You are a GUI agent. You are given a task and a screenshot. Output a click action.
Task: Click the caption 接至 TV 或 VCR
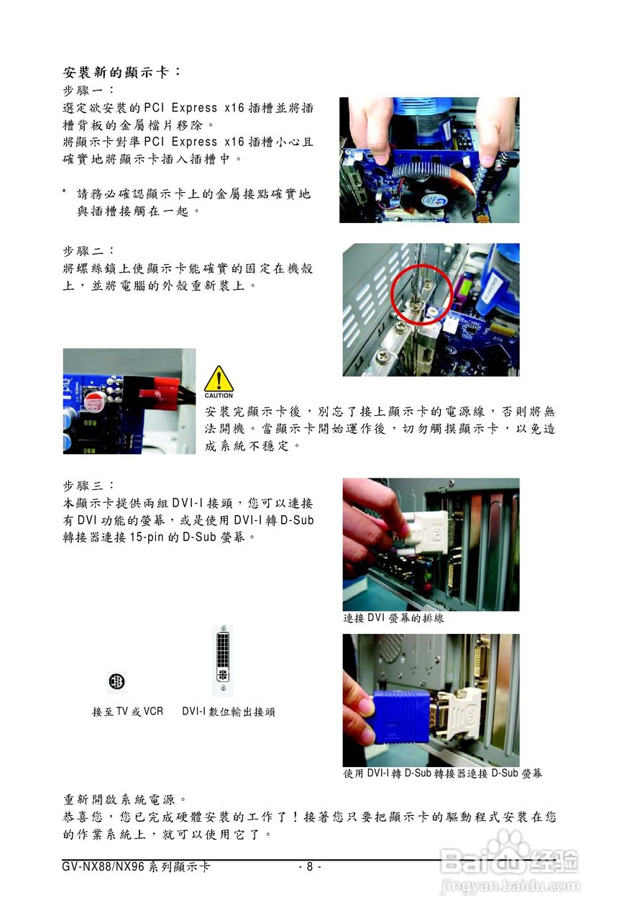tap(127, 712)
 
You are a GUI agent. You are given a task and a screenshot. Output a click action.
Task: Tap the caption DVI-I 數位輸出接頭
tap(228, 712)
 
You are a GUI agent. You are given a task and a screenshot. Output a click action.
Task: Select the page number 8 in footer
tap(309, 867)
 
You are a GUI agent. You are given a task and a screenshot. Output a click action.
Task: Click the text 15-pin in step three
tap(147, 537)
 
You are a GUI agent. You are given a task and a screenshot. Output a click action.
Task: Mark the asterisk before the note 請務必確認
tap(65, 194)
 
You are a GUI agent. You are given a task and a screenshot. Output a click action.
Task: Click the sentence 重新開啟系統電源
tap(127, 799)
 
